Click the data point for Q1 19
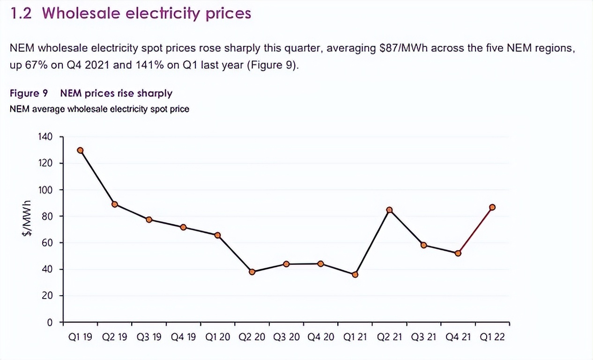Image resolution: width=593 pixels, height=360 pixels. pyautogui.click(x=81, y=150)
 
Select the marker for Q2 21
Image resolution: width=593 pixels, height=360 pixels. pyautogui.click(x=389, y=210)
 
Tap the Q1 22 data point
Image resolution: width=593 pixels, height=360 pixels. pyautogui.click(x=492, y=207)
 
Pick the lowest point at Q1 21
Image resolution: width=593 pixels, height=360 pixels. pyautogui.click(x=355, y=275)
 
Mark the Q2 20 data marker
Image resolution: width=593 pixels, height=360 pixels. pyautogui.click(x=252, y=272)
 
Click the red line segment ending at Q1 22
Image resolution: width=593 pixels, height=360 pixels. pyautogui.click(x=475, y=230)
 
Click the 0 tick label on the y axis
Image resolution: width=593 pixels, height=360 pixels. pyautogui.click(x=49, y=322)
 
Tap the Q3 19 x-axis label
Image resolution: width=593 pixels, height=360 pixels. pyautogui.click(x=149, y=337)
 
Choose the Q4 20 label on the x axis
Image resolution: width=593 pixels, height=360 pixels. pyautogui.click(x=320, y=337)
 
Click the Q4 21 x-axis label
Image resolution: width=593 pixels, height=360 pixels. pyautogui.click(x=458, y=337)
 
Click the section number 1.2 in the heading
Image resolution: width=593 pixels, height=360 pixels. pyautogui.click(x=21, y=14)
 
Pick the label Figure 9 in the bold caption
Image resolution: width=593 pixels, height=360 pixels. pyautogui.click(x=29, y=93)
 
